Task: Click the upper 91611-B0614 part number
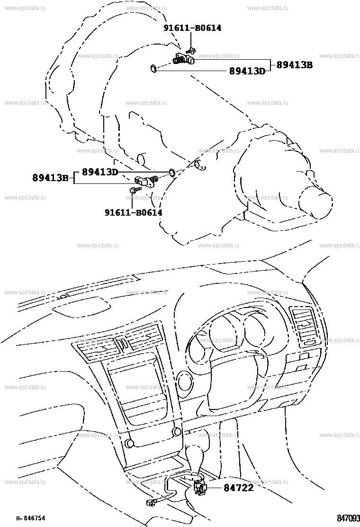(192, 28)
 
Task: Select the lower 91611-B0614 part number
(133, 212)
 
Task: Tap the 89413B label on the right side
(295, 65)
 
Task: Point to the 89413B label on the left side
(50, 177)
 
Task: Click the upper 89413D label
(247, 71)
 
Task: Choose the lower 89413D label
(100, 172)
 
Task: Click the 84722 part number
(238, 487)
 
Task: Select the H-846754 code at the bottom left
(31, 518)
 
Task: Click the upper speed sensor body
(184, 60)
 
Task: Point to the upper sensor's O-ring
(153, 69)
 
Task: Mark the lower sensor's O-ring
(171, 173)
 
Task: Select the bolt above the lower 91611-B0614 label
(133, 190)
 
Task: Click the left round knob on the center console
(129, 443)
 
